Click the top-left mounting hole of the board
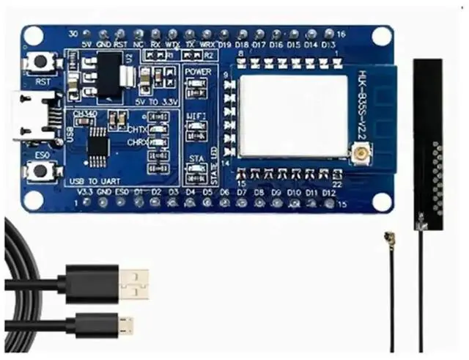tap(33, 35)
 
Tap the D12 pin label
tap(328, 193)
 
